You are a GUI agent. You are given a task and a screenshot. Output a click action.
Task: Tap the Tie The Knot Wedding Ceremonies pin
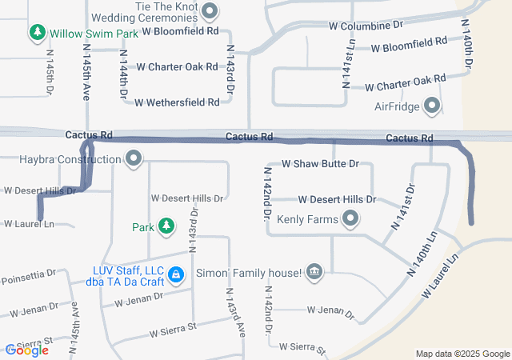pos(210,11)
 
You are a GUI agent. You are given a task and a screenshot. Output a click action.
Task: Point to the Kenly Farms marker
pos(350,218)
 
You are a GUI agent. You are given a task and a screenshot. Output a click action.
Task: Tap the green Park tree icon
pos(166,227)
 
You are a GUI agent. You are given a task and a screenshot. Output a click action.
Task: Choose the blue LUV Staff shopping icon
pos(175,275)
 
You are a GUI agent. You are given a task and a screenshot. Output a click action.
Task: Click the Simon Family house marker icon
pos(314,273)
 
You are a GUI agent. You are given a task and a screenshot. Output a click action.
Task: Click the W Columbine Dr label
pos(366,26)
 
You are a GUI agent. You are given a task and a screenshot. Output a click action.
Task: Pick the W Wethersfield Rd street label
pos(177,102)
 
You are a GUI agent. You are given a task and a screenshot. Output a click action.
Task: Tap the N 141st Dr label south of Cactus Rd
pos(402,208)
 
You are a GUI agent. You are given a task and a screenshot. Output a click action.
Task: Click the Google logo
pos(26,350)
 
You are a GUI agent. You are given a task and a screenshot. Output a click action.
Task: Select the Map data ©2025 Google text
pos(462,354)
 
